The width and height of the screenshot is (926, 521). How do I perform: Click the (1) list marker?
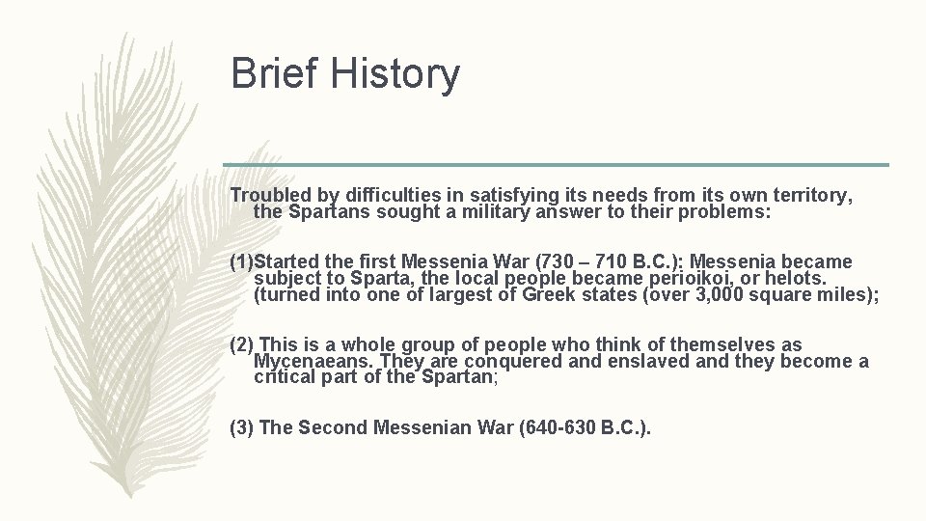(244, 261)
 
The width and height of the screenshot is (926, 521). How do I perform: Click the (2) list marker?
(242, 344)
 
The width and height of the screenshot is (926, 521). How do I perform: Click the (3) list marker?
(242, 427)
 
